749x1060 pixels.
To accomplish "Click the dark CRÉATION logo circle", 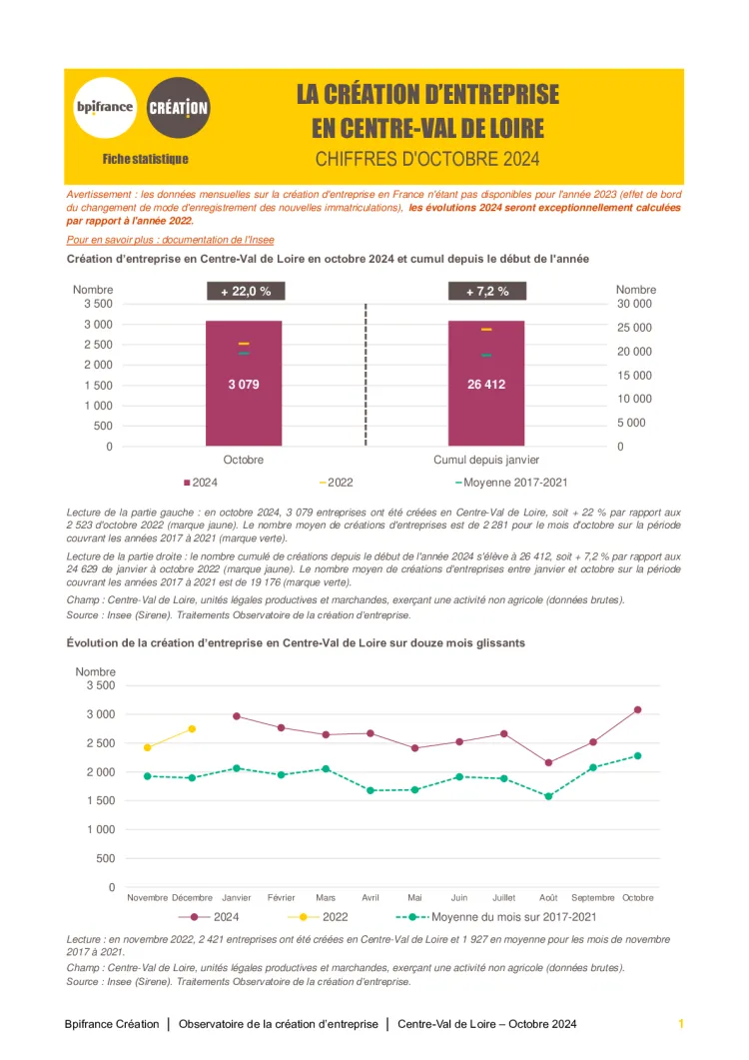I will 178,108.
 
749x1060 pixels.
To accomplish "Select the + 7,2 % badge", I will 486,292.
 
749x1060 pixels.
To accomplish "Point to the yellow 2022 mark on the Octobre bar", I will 244,343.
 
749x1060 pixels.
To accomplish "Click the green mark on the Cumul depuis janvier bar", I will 486,355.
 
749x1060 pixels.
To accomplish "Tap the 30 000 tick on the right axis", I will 633,304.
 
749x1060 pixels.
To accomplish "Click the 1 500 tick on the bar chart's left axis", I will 97,386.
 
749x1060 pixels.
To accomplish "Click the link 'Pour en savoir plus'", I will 170,240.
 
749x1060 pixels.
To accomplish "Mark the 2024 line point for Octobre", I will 638,709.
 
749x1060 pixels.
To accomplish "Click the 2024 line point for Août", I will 548,762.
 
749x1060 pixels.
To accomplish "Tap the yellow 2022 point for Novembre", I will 148,747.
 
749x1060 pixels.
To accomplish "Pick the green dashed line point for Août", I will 548,796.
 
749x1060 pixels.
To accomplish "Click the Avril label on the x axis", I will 371,897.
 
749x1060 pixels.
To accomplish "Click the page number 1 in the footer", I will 680,1024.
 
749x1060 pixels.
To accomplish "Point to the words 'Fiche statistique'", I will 145,159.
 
